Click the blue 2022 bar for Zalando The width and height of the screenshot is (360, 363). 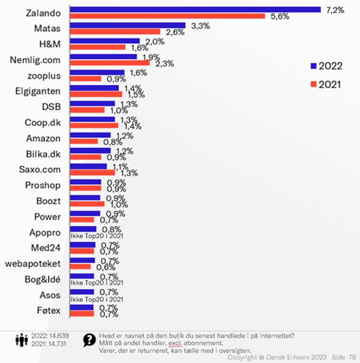[195, 9]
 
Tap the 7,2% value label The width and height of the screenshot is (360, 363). [335, 10]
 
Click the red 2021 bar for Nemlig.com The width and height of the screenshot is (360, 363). [110, 63]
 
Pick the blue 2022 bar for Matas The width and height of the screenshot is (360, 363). [127, 25]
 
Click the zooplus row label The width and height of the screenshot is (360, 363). [44, 76]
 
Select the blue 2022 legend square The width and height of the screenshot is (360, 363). [313, 66]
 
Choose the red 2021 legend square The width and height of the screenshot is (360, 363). [313, 84]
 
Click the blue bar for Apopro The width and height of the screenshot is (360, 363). [83, 229]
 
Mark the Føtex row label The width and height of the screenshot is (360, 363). [48, 311]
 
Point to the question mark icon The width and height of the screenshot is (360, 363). [88, 340]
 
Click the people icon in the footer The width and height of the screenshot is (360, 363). [21, 341]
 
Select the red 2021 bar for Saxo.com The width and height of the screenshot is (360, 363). [92, 172]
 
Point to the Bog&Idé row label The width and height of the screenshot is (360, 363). [43, 280]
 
